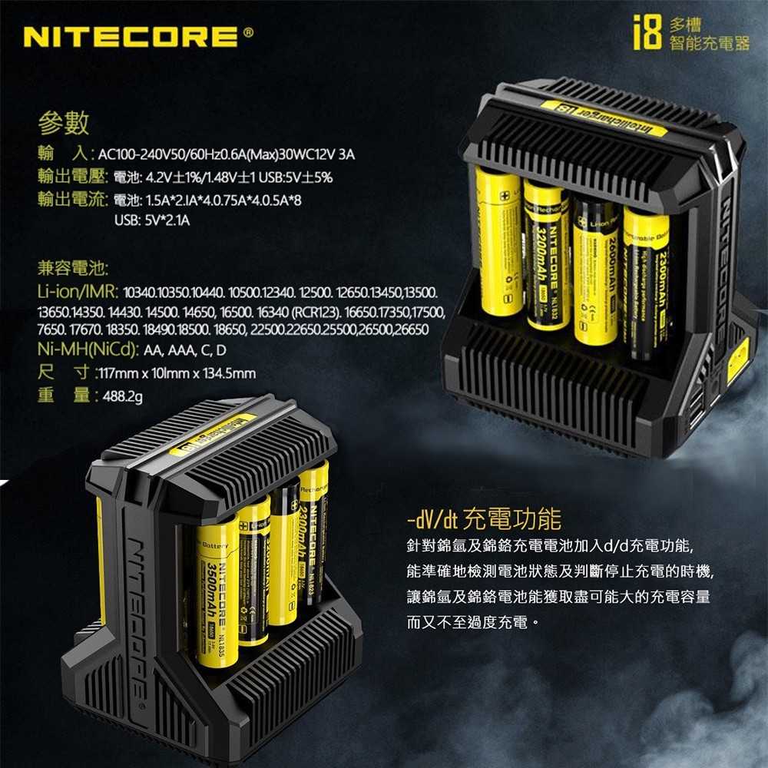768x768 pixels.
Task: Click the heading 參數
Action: point(65,122)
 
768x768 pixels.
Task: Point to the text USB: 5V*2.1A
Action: point(151,221)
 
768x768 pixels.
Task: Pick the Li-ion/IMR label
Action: point(76,293)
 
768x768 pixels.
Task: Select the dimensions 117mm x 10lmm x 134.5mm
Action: point(174,374)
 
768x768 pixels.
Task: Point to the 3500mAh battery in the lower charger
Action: point(217,588)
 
